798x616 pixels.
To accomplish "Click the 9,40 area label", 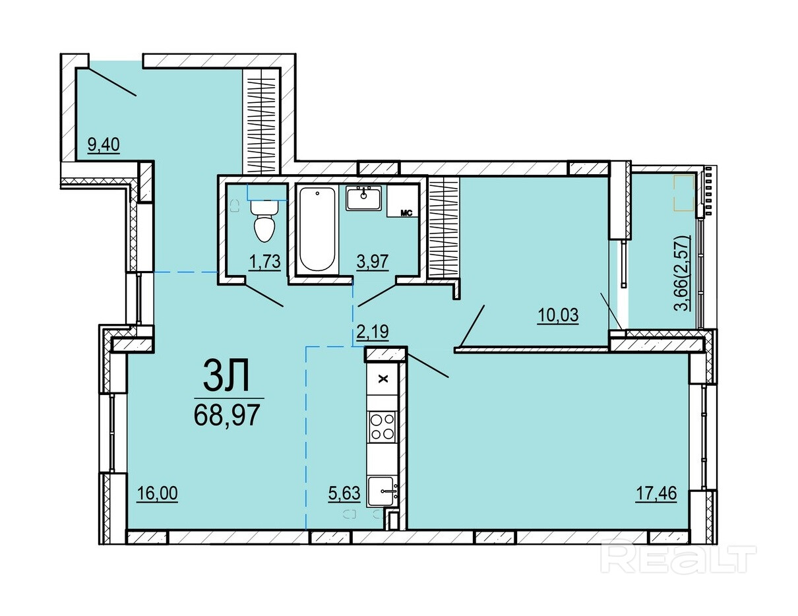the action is click(104, 144).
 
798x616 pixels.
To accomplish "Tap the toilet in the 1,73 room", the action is click(264, 220).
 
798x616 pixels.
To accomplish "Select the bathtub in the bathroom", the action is click(317, 230).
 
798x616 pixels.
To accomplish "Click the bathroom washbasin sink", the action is click(363, 198).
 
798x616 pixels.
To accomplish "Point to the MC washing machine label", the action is click(406, 213).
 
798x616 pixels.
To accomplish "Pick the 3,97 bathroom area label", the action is click(373, 262).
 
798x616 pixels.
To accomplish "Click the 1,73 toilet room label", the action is click(264, 262).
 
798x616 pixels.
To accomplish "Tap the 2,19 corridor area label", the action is click(373, 332).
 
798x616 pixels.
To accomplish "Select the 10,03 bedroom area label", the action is click(558, 315).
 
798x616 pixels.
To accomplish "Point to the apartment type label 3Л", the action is click(227, 375).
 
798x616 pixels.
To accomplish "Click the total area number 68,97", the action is click(227, 415).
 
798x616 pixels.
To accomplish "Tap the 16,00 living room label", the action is click(157, 493).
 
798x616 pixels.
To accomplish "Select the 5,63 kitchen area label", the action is click(344, 493).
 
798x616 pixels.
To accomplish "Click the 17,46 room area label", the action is click(656, 493).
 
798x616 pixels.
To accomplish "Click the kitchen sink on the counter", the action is click(383, 492).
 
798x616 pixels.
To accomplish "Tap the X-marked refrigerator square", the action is click(383, 379).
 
